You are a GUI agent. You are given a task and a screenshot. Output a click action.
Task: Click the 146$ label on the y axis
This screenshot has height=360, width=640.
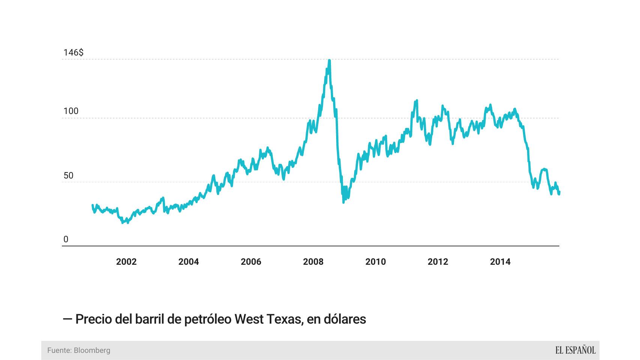[73, 52]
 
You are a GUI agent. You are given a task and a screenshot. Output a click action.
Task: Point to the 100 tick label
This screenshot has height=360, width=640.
[71, 111]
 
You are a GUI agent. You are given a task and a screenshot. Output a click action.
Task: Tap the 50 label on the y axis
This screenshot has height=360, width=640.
[68, 175]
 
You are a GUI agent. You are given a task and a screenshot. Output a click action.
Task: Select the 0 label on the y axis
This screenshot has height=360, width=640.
[66, 239]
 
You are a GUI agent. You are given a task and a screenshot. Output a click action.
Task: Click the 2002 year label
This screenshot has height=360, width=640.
[126, 262]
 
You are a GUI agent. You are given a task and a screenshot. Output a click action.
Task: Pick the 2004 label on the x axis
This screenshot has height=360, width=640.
[188, 262]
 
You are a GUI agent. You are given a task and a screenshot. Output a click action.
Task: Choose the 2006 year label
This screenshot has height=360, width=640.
[251, 262]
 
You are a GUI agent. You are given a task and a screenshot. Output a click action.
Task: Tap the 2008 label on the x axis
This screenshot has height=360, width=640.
[313, 262]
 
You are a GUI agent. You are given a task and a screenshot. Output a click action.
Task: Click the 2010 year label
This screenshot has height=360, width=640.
[375, 262]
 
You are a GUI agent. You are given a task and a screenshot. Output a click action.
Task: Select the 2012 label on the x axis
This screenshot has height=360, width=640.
[437, 262]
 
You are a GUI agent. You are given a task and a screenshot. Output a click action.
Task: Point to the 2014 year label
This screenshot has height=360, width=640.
[500, 262]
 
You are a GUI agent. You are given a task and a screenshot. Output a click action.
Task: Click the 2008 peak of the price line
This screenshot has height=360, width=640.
[329, 60]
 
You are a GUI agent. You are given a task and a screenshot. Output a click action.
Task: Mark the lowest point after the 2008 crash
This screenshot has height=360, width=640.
[343, 202]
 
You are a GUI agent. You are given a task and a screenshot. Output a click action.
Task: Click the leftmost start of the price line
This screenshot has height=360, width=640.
[93, 205]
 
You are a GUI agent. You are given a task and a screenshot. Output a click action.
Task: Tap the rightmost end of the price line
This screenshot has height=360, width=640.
[559, 193]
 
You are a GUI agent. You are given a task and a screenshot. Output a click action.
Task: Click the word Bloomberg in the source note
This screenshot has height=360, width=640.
[92, 350]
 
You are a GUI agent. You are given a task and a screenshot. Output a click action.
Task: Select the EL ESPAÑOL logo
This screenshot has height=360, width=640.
[575, 350]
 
